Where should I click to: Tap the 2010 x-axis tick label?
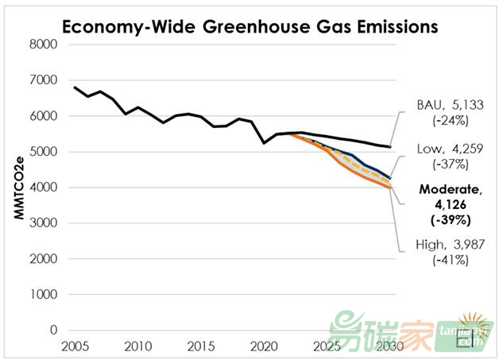[137, 347]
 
